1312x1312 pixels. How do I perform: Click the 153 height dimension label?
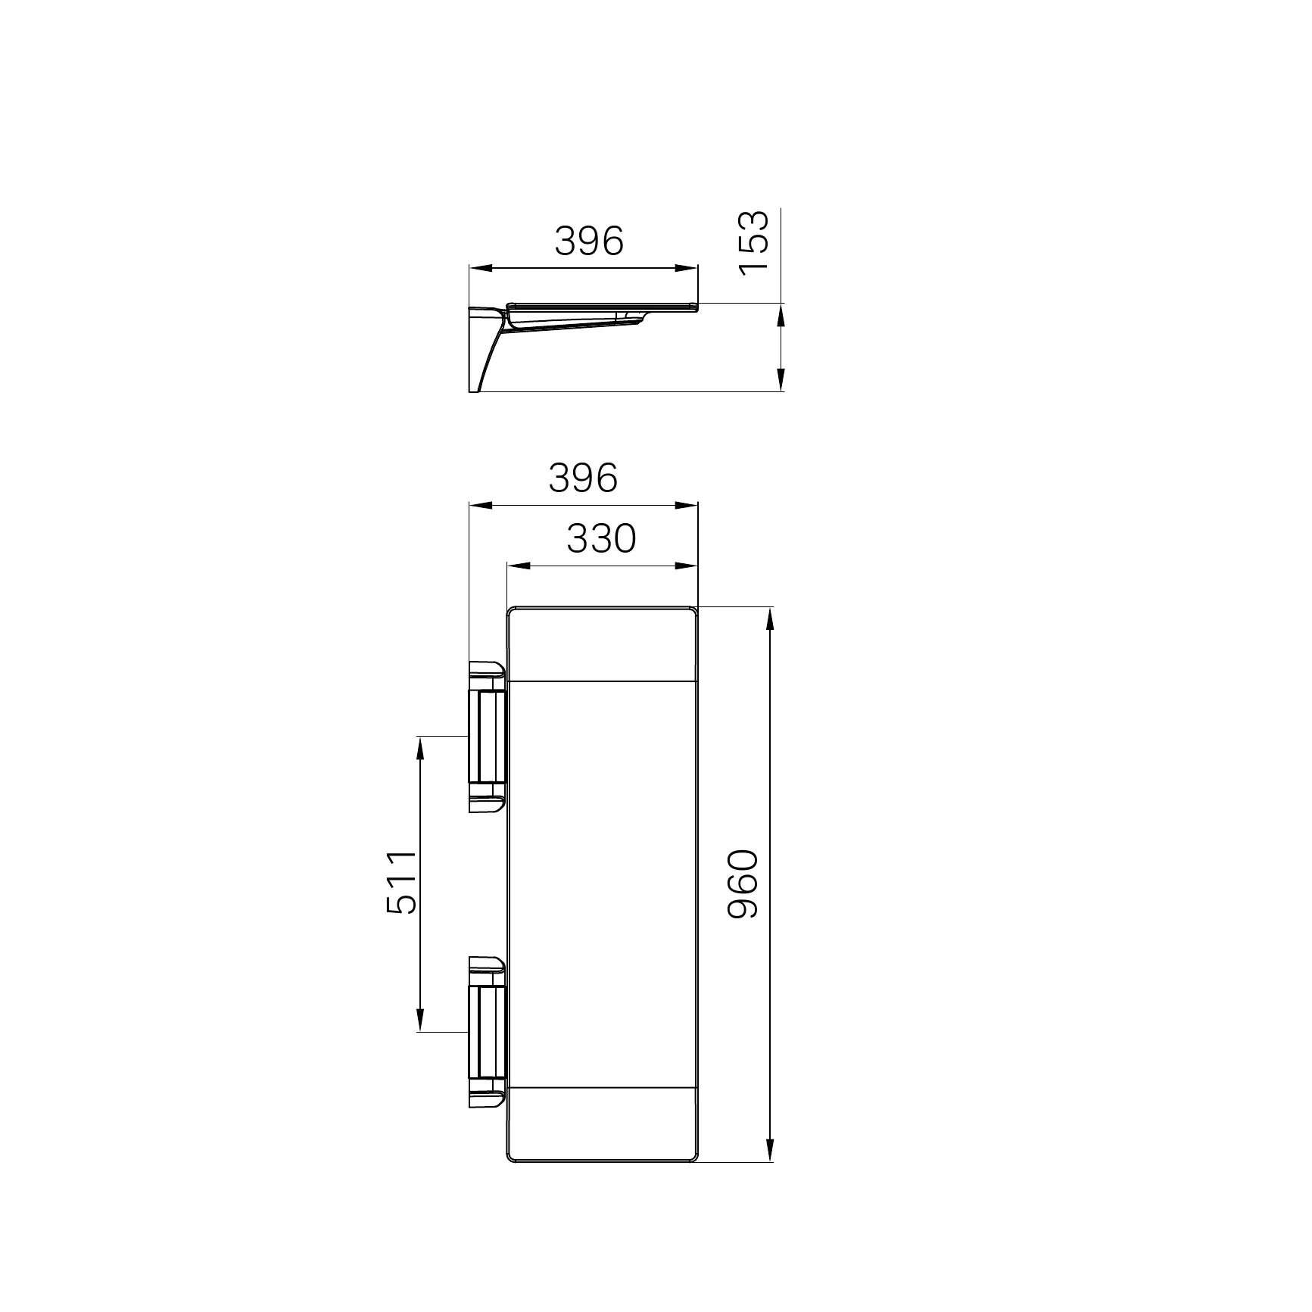pyautogui.click(x=753, y=243)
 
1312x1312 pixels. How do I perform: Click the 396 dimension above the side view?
pyautogui.click(x=589, y=241)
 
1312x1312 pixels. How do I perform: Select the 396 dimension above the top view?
pyautogui.click(x=583, y=478)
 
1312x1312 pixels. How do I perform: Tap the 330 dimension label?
pyautogui.click(x=601, y=539)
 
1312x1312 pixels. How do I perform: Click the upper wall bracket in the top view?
pyautogui.click(x=488, y=737)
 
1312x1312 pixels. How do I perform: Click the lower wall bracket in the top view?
pyautogui.click(x=488, y=1032)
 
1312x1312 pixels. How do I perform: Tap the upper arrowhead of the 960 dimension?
pyautogui.click(x=770, y=619)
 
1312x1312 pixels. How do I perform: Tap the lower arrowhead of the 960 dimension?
pyautogui.click(x=770, y=1170)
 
